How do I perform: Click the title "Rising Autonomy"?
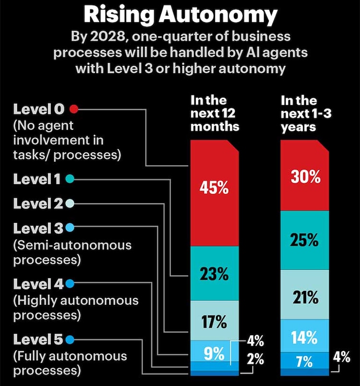pos(180,15)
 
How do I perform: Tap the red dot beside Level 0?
pos(73,109)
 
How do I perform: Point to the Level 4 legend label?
pos(38,283)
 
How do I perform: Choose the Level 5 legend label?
pos(38,340)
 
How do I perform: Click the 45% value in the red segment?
pos(214,188)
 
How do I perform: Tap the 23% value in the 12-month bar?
pos(214,275)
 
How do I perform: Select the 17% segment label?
pos(214,322)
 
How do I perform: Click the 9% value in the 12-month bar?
pos(214,355)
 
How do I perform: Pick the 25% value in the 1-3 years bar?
pos(305,240)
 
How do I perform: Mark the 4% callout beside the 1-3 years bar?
pos(342,358)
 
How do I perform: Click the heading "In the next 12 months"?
pos(215,114)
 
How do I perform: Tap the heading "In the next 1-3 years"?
pos(305,114)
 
